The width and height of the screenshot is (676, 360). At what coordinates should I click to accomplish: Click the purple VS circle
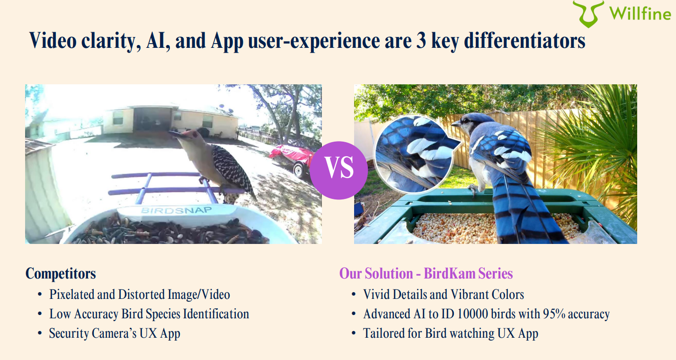tap(338, 171)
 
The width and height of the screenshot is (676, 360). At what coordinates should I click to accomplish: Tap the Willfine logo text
tap(640, 14)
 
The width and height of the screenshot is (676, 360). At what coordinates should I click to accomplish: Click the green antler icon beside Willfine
tap(588, 14)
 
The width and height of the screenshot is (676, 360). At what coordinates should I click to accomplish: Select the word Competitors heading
tap(61, 274)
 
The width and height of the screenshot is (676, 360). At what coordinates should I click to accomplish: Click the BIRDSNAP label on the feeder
tap(176, 210)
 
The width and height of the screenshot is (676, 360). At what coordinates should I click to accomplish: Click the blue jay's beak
tap(456, 123)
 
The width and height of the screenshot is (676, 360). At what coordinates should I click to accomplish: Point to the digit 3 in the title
tap(421, 41)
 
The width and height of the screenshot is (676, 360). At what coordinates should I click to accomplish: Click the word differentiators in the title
tap(525, 41)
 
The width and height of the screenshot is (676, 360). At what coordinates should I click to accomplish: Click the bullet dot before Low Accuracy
tap(40, 314)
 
